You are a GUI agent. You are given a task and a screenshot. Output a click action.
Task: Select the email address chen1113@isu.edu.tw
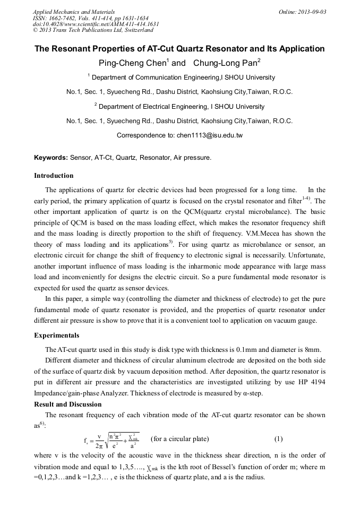tap(209, 135)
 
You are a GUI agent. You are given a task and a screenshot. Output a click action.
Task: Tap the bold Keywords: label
tap(51, 158)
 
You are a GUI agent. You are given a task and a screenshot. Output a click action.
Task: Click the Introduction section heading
tap(54, 176)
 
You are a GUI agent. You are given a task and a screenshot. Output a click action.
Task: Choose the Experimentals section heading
tap(56, 335)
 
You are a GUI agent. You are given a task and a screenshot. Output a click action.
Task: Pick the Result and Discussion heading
tap(67, 404)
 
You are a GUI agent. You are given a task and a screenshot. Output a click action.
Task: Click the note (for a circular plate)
tap(180, 439)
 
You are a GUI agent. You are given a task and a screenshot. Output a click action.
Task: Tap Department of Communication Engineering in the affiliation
tap(151, 77)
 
